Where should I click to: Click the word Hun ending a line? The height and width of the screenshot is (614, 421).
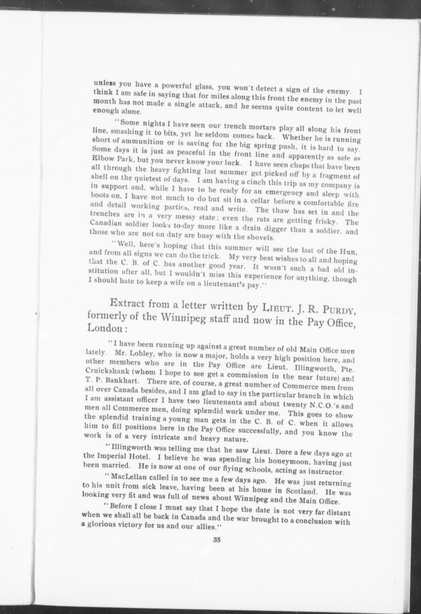point(353,251)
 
